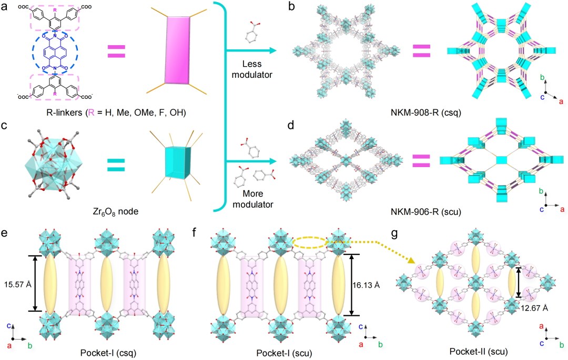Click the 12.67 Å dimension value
tap(532, 308)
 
